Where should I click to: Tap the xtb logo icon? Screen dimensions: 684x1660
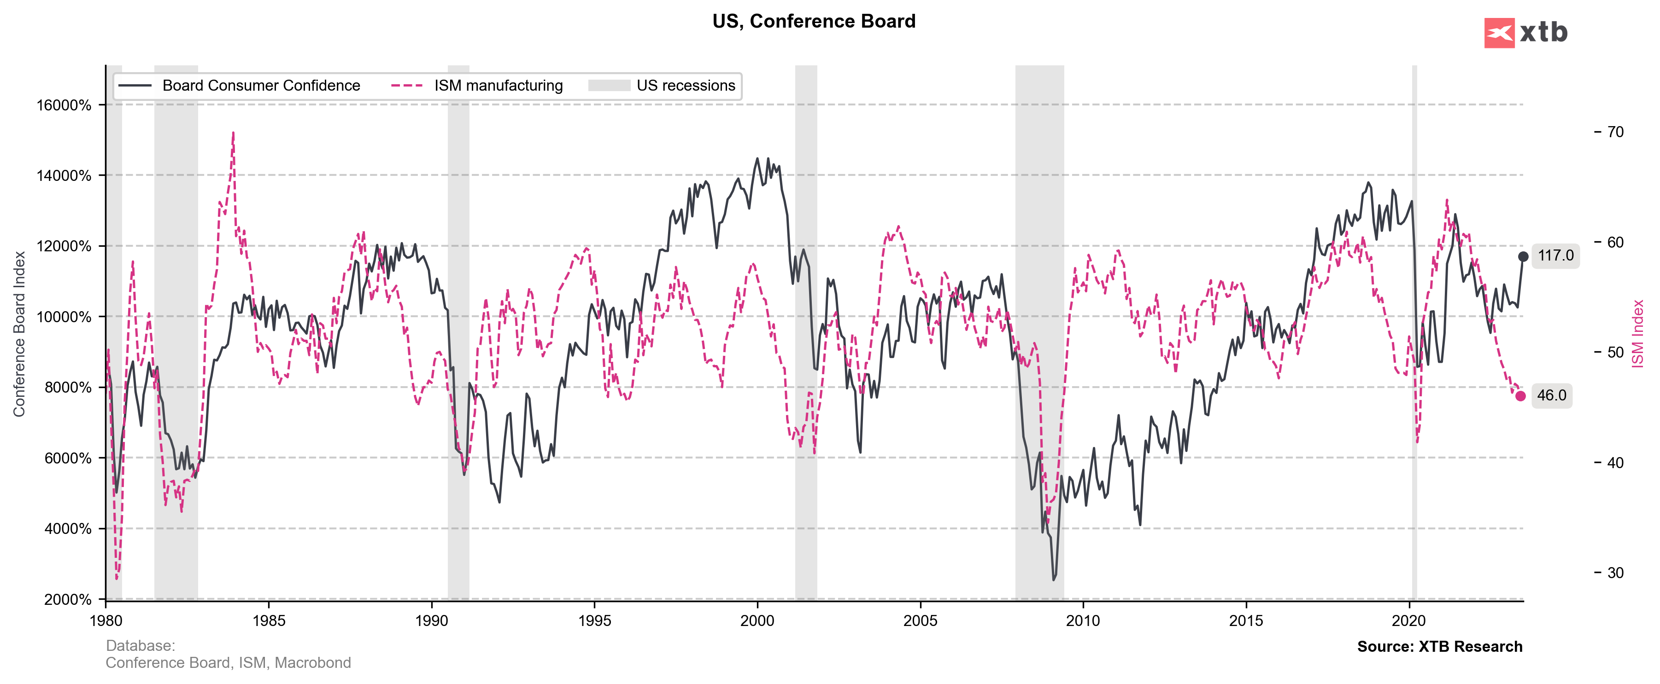(x=1499, y=33)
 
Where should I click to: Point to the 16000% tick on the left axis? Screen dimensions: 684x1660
(x=64, y=105)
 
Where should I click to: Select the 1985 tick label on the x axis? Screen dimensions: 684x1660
(x=269, y=621)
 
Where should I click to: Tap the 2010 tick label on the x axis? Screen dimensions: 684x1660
(x=1083, y=621)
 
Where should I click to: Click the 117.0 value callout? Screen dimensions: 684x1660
(x=1555, y=256)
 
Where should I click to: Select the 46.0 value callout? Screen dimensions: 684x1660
(x=1551, y=395)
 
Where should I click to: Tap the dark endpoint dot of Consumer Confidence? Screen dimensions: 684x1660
(x=1523, y=256)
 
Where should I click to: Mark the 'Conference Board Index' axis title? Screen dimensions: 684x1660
(x=19, y=334)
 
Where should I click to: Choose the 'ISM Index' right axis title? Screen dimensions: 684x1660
(x=1637, y=334)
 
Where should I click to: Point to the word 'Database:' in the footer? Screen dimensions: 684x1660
(x=141, y=645)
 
